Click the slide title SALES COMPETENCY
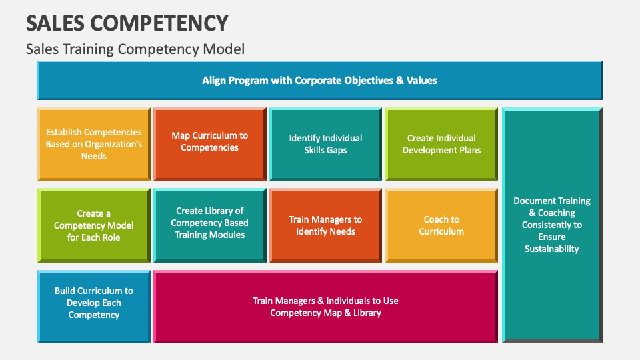pos(127,23)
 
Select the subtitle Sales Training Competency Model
pos(135,49)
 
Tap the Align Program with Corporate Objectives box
pos(319,80)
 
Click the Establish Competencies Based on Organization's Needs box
pos(94,144)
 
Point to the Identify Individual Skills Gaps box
pos(325,144)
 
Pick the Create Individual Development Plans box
pos(441,144)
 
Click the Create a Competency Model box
pos(94,225)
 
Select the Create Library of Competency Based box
pos(209,223)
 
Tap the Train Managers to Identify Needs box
pos(325,225)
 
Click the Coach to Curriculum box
pos(441,225)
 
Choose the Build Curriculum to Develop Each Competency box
pos(94,303)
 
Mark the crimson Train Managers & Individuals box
pos(325,307)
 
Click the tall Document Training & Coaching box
pos(552,225)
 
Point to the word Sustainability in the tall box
pos(552,249)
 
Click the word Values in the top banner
pos(421,80)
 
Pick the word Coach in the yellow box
pos(433,219)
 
